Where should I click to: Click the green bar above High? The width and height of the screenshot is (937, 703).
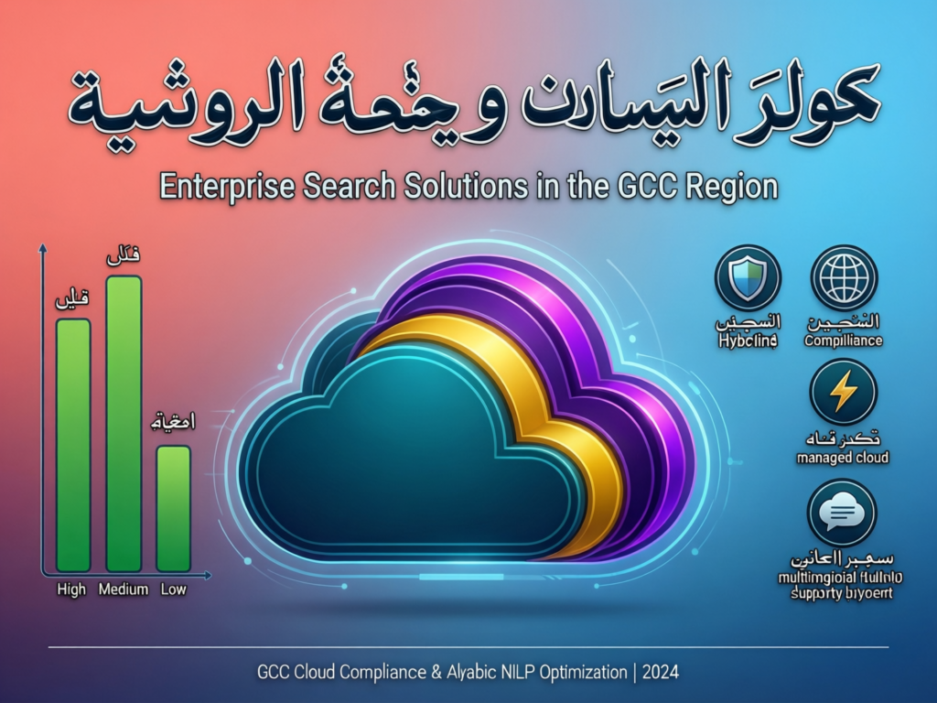click(x=73, y=445)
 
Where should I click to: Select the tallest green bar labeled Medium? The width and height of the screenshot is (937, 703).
click(x=124, y=424)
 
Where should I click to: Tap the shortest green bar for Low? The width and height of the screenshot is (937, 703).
click(x=173, y=508)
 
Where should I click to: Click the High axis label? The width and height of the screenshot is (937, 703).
click(x=70, y=590)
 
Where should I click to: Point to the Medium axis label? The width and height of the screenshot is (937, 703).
click(x=124, y=590)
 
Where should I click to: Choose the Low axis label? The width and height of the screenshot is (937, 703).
click(x=173, y=590)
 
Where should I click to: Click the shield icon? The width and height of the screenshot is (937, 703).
click(x=748, y=278)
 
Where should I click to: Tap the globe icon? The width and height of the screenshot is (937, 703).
click(x=844, y=278)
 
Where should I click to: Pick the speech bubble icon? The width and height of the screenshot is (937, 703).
click(x=842, y=513)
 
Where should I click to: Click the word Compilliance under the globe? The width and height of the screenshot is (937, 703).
click(x=843, y=341)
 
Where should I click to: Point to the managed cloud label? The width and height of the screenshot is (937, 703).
click(x=843, y=457)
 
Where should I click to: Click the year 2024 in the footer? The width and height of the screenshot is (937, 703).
click(x=660, y=673)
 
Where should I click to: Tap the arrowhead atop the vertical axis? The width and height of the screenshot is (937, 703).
click(x=42, y=247)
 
